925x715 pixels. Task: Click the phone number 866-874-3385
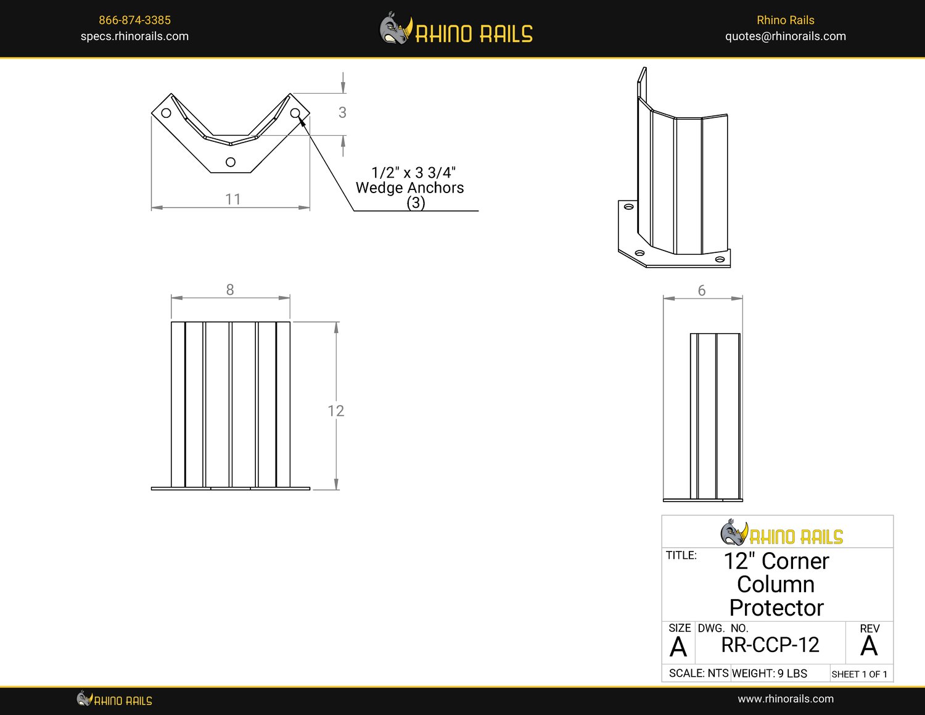[x=134, y=20]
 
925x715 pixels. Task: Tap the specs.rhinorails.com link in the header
[x=134, y=36]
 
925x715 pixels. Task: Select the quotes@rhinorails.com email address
[x=785, y=36]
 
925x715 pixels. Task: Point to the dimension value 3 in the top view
[x=342, y=113]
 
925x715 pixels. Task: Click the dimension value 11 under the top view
[x=232, y=199]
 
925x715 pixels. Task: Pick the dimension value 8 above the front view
[x=230, y=290]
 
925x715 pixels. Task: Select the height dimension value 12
[x=335, y=411]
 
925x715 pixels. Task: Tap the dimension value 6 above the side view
[x=701, y=291]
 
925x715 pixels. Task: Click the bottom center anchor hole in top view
[x=231, y=162]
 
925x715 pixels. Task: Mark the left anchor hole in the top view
[x=166, y=113]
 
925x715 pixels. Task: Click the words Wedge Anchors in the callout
[x=409, y=188]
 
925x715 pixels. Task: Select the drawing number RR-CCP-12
[x=770, y=645]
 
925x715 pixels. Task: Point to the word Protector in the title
[x=776, y=608]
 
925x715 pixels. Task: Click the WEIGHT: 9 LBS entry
[x=769, y=674]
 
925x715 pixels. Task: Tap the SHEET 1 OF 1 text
[x=859, y=674]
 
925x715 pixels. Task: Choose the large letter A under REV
[x=869, y=647]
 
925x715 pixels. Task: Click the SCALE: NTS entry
[x=698, y=674]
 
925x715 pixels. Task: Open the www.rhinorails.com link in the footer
[x=785, y=699]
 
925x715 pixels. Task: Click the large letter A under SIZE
[x=678, y=648]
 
